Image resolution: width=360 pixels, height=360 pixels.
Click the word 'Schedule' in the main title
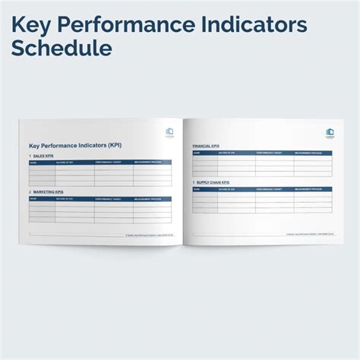pyautogui.click(x=62, y=49)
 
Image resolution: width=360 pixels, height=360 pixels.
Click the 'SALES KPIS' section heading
pyautogui.click(x=43, y=156)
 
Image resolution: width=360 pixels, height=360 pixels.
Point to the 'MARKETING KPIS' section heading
pyautogui.click(x=47, y=193)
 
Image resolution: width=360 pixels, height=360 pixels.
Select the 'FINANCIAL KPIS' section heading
pyautogui.click(x=207, y=145)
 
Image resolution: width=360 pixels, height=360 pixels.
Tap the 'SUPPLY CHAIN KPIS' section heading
pyautogui.click(x=212, y=182)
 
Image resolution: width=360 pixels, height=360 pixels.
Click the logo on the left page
pyautogui.click(x=169, y=134)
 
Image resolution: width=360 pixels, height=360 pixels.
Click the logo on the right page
pyautogui.click(x=329, y=134)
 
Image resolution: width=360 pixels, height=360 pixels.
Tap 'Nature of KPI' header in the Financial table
pyautogui.click(x=229, y=152)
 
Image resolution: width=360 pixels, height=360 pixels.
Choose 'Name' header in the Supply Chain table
pyautogui.click(x=197, y=189)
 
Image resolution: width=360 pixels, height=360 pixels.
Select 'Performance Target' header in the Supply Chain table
pyautogui.click(x=271, y=189)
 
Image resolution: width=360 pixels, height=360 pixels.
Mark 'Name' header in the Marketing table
pyautogui.click(x=33, y=200)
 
